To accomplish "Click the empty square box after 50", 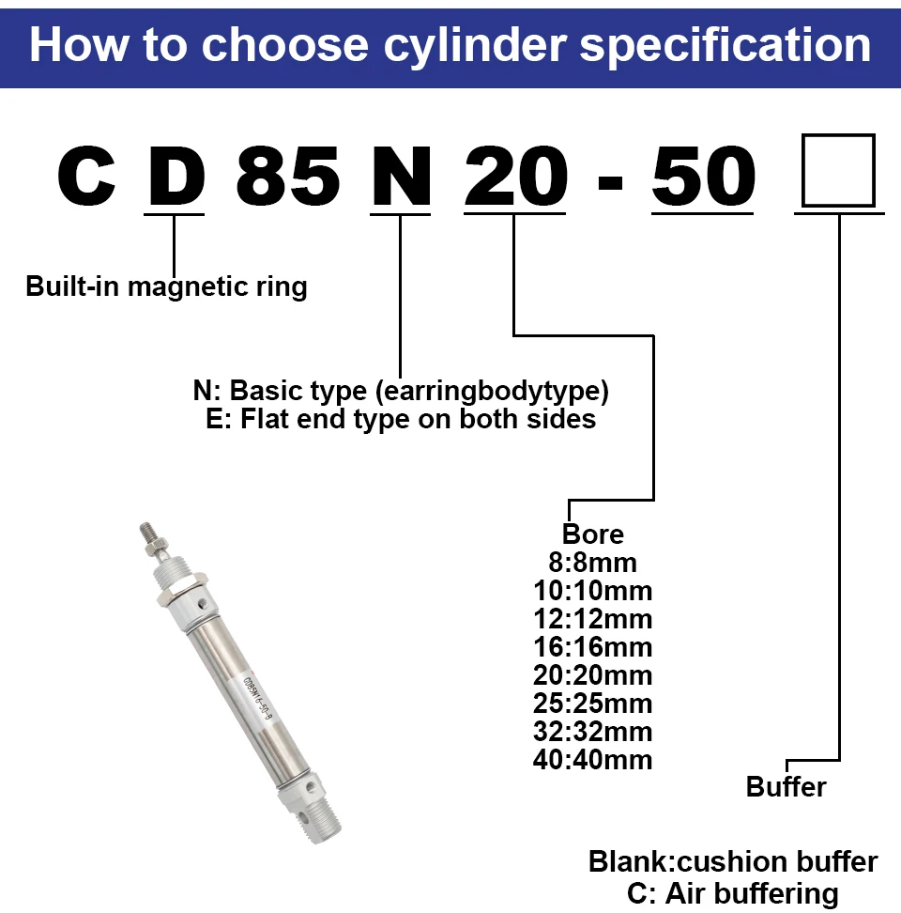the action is click(x=838, y=171).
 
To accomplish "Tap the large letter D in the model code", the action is click(x=176, y=176).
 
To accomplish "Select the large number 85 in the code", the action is click(x=288, y=176).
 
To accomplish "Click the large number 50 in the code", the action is click(x=703, y=176).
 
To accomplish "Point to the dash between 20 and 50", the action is click(x=610, y=183).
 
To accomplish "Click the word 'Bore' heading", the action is click(x=593, y=534).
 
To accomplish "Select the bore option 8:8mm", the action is click(x=593, y=563).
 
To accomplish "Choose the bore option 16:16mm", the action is click(x=593, y=647).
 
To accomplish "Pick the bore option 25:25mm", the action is click(x=593, y=704).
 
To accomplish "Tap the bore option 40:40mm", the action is click(x=593, y=760).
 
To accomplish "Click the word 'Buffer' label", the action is click(x=786, y=786).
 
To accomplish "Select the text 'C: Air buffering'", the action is click(x=733, y=893).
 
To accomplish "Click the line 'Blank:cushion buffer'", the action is click(x=733, y=861).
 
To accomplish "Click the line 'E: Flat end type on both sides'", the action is click(x=401, y=419).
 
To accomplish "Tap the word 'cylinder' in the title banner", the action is click(x=475, y=46).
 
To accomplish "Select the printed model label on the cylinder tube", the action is click(x=258, y=698).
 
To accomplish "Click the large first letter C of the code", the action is click(x=86, y=176).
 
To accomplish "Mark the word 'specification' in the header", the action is click(x=725, y=46).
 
